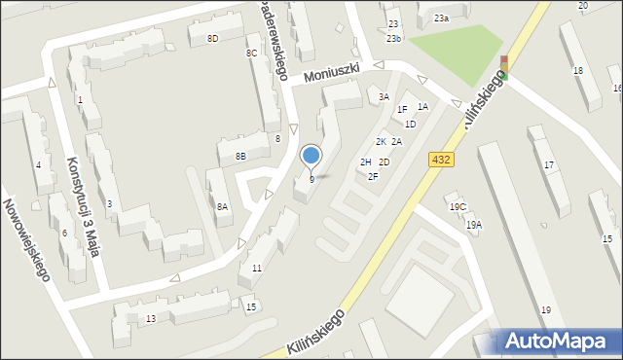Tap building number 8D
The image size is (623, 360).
tap(212, 38)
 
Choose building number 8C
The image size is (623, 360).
tap(251, 53)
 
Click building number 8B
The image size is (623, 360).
tap(240, 156)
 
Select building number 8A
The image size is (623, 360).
tap(222, 206)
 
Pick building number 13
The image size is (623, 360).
tap(151, 319)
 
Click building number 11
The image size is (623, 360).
tap(257, 268)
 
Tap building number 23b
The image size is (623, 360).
tap(393, 38)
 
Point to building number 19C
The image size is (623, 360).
tap(458, 207)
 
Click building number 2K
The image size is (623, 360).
tap(382, 142)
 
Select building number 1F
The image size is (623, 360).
tap(402, 109)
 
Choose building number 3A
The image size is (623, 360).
tap(384, 96)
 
